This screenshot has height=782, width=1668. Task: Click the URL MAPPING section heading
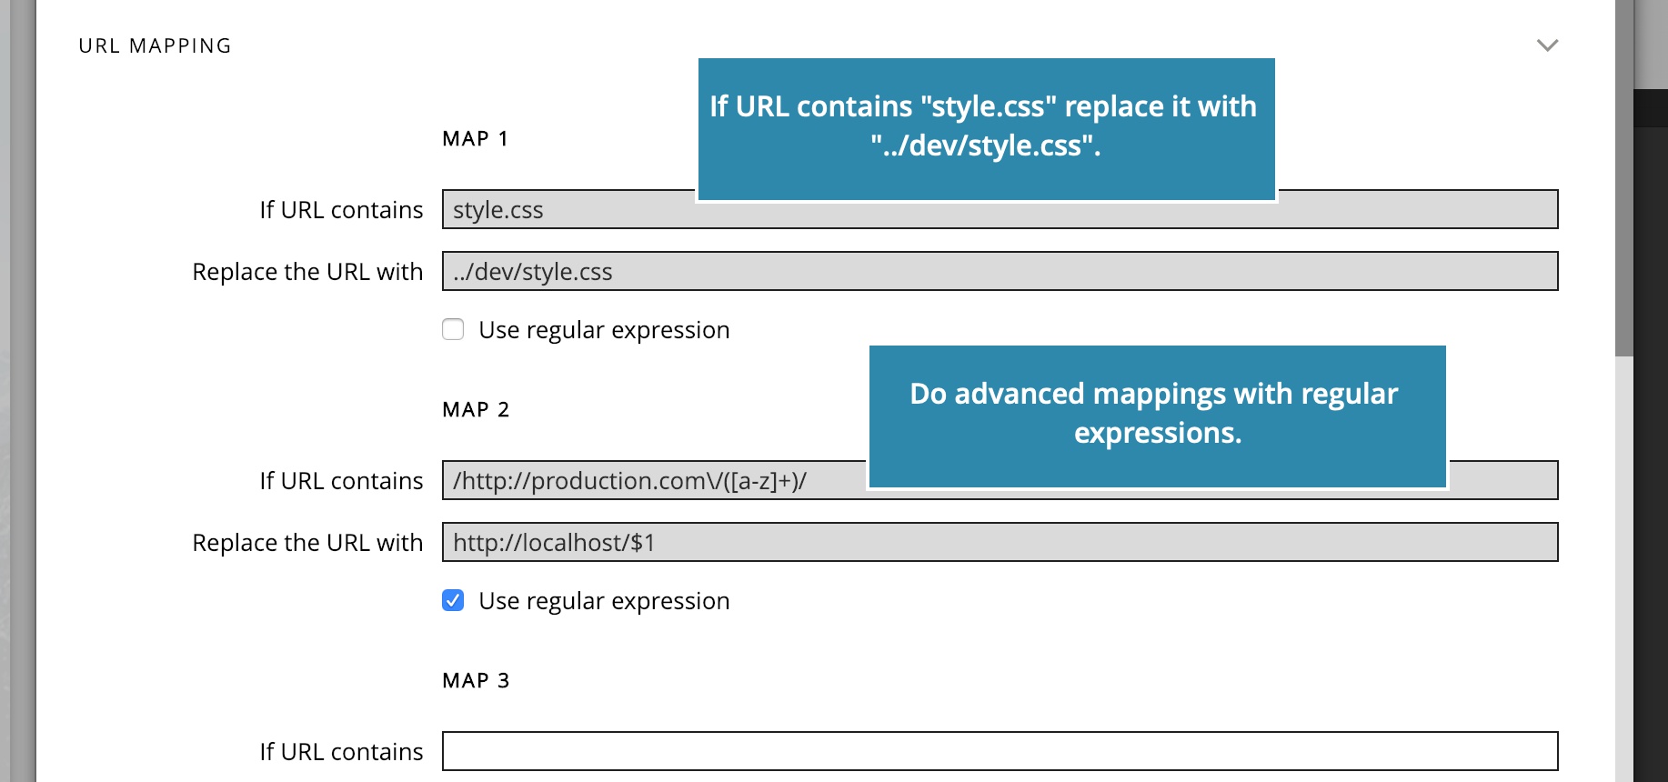click(x=155, y=45)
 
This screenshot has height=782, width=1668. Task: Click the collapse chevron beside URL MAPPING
click(x=1547, y=45)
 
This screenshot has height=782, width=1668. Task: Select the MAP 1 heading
click(x=475, y=138)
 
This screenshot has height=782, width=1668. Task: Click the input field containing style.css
click(x=1000, y=209)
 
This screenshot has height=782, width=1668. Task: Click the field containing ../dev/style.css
click(x=1000, y=271)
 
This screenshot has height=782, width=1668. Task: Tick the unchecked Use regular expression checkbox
click(x=453, y=329)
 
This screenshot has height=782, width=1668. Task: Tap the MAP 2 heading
click(x=476, y=409)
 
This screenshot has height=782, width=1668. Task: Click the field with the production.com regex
click(x=1000, y=480)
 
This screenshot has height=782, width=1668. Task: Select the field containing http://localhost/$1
click(x=1000, y=542)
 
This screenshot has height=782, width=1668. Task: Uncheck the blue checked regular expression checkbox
click(x=453, y=600)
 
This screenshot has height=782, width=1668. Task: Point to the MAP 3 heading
click(x=476, y=680)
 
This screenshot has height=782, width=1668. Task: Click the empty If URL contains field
click(x=1000, y=751)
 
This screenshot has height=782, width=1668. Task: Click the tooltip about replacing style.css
click(x=986, y=129)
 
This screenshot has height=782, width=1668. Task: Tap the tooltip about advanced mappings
click(x=1157, y=416)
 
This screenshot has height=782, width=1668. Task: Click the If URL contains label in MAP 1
click(x=341, y=210)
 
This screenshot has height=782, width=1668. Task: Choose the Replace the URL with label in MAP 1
click(x=307, y=272)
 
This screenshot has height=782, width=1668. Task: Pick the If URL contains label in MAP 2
click(x=341, y=481)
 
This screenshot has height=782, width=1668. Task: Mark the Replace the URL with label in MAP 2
click(x=307, y=543)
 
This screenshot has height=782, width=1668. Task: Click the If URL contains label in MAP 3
click(x=341, y=752)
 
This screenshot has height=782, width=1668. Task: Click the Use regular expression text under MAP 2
click(x=604, y=601)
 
